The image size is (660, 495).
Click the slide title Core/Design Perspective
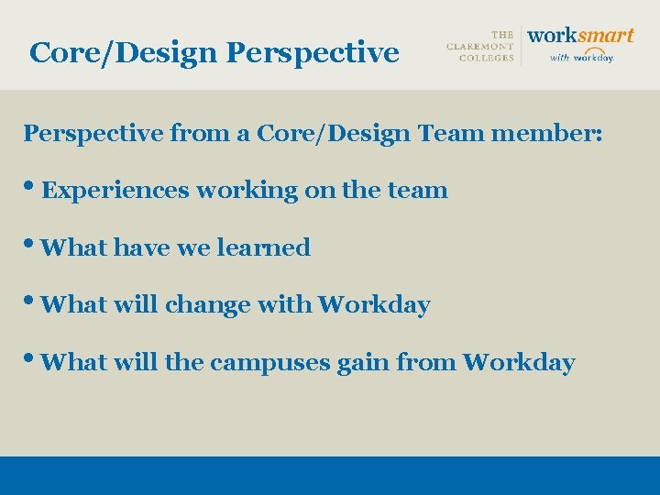[214, 52]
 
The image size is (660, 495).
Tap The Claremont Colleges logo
[480, 47]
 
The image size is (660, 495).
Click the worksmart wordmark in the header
[581, 36]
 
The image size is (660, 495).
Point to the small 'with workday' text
[581, 57]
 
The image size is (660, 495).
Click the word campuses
[269, 363]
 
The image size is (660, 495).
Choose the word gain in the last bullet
[363, 363]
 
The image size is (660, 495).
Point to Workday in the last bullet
[519, 362]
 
